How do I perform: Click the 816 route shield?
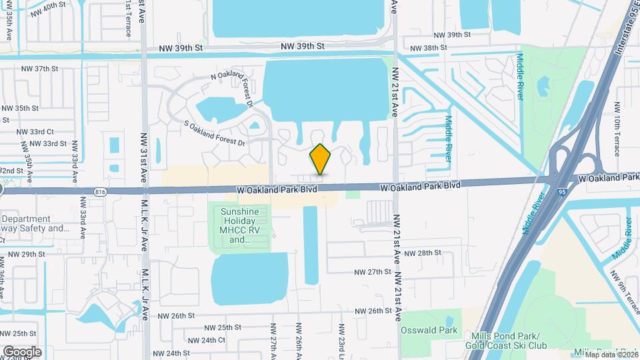[101, 191]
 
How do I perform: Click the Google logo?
[22, 351]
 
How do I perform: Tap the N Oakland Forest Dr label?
[232, 89]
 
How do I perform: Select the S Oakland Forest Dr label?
[215, 133]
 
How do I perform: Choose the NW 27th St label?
[372, 272]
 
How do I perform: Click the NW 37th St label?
[40, 69]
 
